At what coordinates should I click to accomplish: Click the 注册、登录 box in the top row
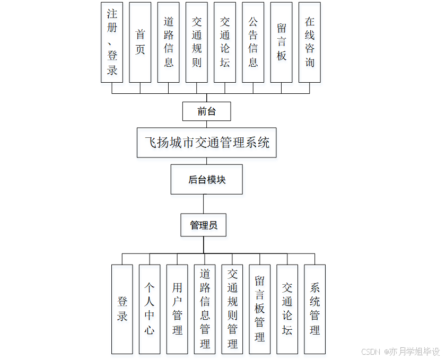click(x=112, y=42)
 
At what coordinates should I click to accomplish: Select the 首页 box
click(x=140, y=42)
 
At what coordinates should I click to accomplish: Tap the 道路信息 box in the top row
click(x=169, y=42)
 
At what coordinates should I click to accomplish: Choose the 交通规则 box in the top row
click(x=197, y=42)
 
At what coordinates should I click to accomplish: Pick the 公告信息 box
click(x=253, y=42)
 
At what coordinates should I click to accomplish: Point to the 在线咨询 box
click(x=310, y=42)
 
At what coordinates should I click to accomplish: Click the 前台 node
click(x=206, y=111)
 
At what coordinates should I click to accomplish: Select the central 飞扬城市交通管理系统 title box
click(x=207, y=143)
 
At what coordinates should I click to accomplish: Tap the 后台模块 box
click(x=207, y=180)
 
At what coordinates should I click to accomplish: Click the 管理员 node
click(x=204, y=225)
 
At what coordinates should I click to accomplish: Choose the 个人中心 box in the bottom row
click(x=150, y=309)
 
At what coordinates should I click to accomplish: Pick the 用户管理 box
click(x=177, y=309)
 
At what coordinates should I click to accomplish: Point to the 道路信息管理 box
click(x=205, y=309)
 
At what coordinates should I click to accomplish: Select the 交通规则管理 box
click(x=232, y=309)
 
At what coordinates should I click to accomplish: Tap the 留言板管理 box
click(x=260, y=309)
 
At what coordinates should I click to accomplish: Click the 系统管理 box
click(x=315, y=309)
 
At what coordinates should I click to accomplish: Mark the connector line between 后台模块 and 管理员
click(x=204, y=204)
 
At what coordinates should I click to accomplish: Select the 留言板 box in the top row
click(x=282, y=42)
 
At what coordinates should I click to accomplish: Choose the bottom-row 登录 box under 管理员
click(x=122, y=309)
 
